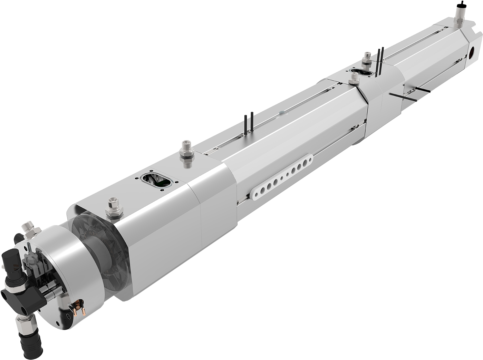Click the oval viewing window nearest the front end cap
[156, 180]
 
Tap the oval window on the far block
[363, 72]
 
